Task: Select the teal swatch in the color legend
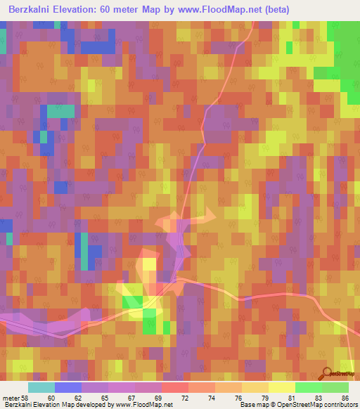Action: point(41,387)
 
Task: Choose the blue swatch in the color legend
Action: point(67,387)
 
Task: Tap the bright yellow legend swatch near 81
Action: point(281,387)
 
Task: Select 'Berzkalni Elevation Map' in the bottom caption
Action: point(39,405)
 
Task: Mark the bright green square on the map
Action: point(131,302)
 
